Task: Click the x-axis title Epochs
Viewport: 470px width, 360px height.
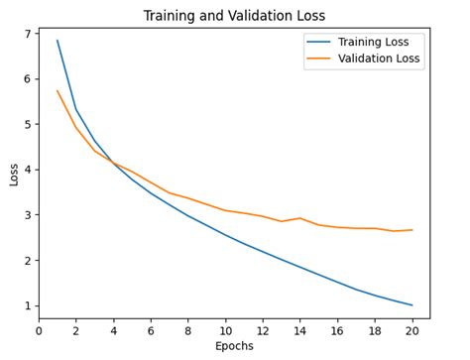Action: (234, 346)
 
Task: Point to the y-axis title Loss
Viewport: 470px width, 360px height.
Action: (13, 174)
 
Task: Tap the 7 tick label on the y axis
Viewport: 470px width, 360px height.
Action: (28, 34)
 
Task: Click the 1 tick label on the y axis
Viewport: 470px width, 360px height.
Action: (28, 306)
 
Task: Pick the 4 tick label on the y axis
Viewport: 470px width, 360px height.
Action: (28, 170)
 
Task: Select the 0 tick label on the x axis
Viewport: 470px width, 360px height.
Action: (39, 330)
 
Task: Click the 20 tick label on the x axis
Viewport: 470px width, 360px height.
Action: (412, 330)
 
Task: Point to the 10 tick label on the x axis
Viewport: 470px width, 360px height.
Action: (225, 330)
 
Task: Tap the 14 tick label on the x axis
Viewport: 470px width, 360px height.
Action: (300, 330)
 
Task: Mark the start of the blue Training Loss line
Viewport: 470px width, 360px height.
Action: (58, 41)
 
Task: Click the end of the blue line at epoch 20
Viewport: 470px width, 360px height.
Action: (412, 305)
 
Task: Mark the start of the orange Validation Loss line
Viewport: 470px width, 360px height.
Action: (58, 91)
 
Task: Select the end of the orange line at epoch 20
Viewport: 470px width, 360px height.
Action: (412, 230)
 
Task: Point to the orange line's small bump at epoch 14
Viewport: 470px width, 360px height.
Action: (300, 218)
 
